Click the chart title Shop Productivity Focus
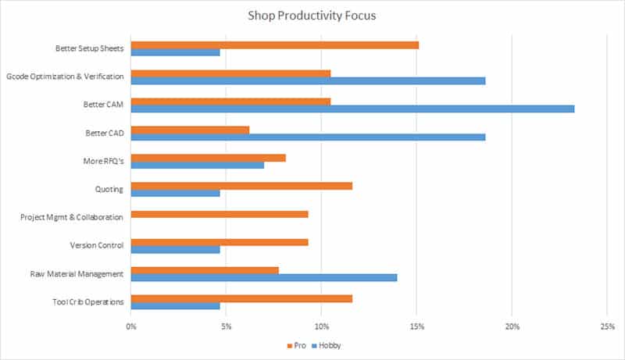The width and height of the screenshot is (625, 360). (x=312, y=14)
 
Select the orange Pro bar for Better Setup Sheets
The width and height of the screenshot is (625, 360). (x=274, y=45)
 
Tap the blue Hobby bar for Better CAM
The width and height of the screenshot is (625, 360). (x=352, y=109)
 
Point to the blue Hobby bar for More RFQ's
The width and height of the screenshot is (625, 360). (x=197, y=165)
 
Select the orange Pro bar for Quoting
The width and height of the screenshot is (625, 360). (x=241, y=185)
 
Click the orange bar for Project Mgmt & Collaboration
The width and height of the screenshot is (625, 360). (x=220, y=213)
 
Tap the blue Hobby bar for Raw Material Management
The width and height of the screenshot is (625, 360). (x=264, y=277)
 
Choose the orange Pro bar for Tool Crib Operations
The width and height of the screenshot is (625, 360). (x=241, y=298)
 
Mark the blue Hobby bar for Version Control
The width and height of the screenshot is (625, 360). (x=175, y=249)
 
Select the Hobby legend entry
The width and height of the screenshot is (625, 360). (x=327, y=345)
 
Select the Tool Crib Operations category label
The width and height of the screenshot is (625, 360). (x=90, y=301)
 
